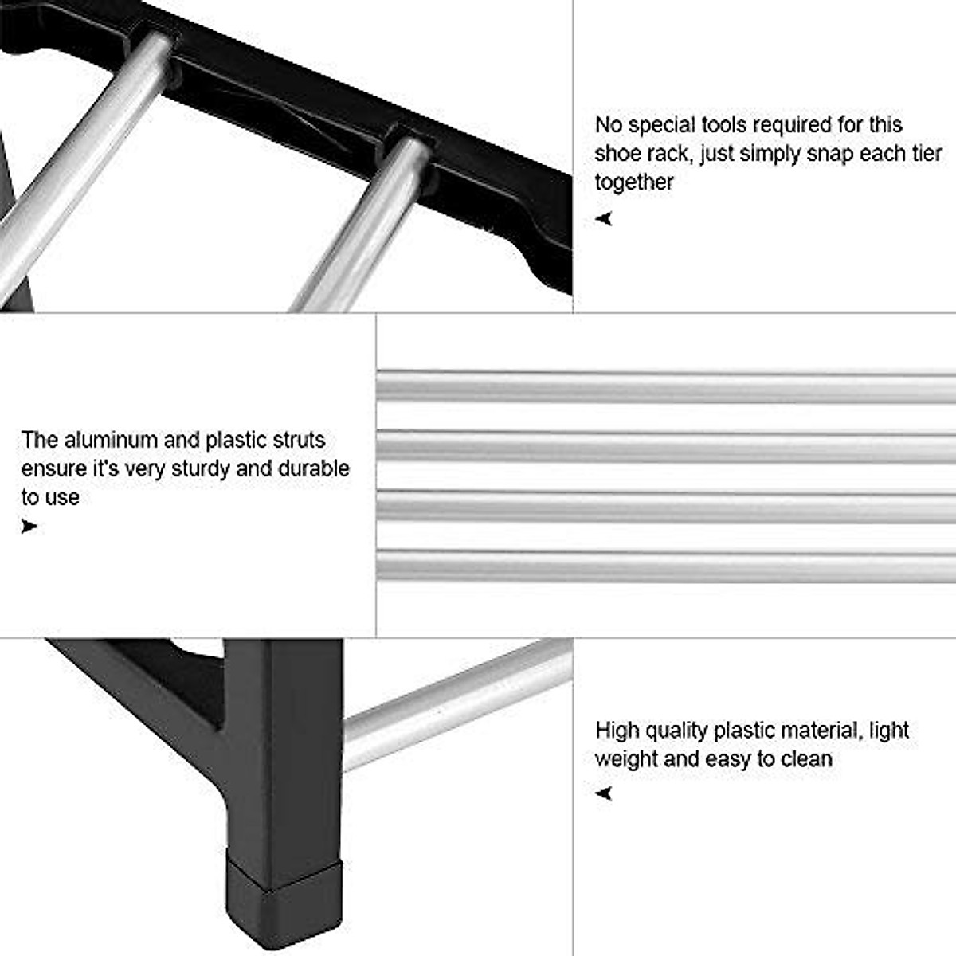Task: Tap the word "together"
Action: [x=634, y=182]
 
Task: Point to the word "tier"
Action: [x=924, y=154]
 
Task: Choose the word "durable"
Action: [x=313, y=468]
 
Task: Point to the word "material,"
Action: [x=821, y=731]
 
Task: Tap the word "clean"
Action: [x=806, y=758]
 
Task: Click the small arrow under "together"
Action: [x=605, y=218]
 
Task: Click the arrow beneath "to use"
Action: [x=29, y=526]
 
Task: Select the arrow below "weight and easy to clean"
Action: [x=605, y=793]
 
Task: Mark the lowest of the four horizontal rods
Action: [x=666, y=565]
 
